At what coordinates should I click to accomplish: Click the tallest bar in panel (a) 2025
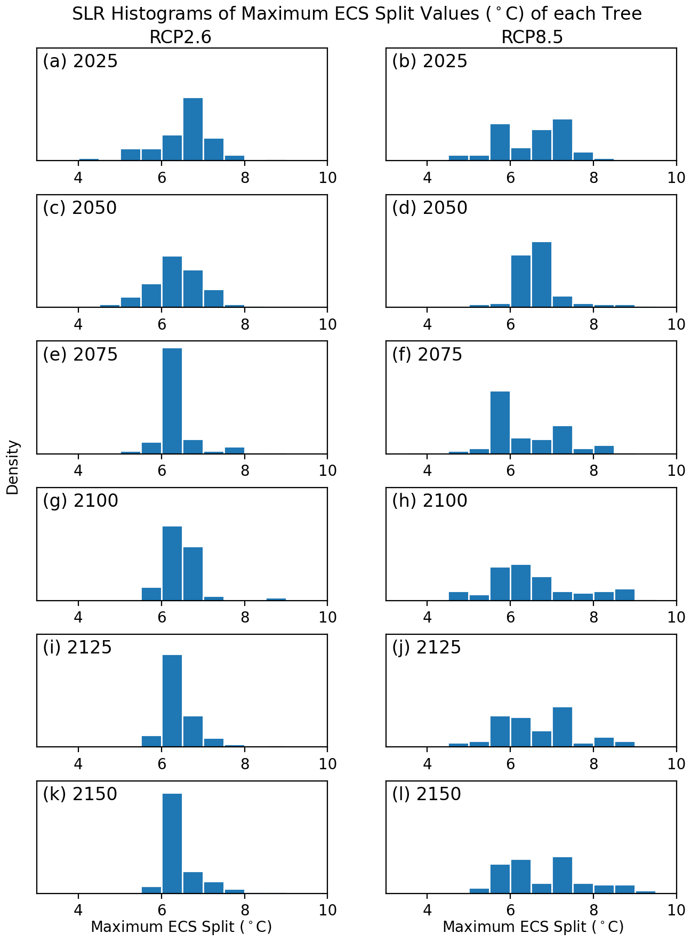(193, 129)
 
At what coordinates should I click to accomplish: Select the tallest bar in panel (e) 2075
(172, 401)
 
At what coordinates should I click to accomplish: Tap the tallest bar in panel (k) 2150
(172, 843)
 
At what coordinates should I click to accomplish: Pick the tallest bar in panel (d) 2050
(542, 275)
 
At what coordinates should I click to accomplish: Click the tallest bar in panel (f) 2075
(500, 422)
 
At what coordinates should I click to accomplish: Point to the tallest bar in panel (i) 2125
(172, 700)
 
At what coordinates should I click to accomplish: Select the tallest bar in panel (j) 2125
(563, 727)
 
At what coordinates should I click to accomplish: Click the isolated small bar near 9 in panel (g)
(276, 599)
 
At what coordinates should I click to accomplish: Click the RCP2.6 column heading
(180, 37)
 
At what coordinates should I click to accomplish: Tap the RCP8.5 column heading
(532, 37)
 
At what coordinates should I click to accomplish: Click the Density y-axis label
(13, 467)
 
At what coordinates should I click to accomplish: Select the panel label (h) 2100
(429, 501)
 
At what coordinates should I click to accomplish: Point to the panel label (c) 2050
(80, 208)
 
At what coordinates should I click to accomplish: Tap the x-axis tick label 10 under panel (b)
(677, 177)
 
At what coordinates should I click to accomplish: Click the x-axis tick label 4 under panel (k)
(78, 910)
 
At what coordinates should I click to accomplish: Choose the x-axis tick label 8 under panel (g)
(245, 617)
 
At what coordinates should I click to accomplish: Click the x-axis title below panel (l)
(533, 927)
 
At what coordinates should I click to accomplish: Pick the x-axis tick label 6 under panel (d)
(510, 324)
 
